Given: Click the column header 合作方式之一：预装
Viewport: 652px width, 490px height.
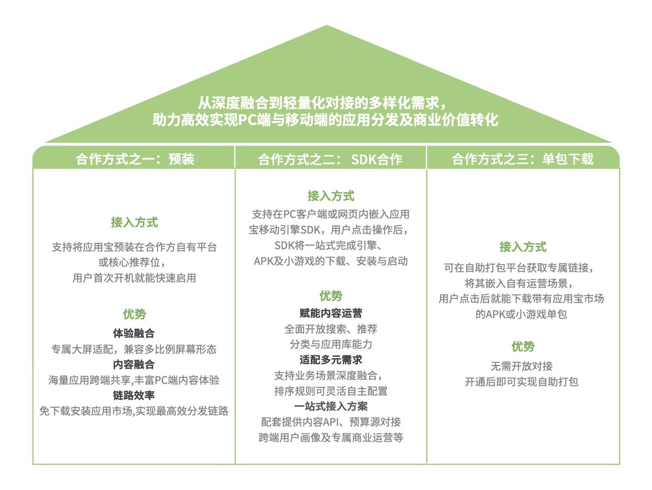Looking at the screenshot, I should pos(135,159).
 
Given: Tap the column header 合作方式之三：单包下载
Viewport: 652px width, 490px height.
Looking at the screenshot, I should pos(523,159).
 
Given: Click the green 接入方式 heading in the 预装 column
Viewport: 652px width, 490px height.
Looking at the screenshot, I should pos(134,222).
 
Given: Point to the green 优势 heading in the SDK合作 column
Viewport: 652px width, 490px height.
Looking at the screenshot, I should pos(330,296).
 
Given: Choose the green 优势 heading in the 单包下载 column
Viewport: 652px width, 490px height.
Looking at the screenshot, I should pos(523,347).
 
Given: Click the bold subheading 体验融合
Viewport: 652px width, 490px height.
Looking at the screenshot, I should pos(134,333).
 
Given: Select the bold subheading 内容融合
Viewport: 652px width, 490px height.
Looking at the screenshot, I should pos(134,365).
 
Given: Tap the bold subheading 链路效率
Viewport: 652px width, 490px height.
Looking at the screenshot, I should pos(134,395).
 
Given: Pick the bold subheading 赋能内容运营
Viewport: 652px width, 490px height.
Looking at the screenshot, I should pos(330,313).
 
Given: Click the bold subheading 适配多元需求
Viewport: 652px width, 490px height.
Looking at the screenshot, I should pos(330,360).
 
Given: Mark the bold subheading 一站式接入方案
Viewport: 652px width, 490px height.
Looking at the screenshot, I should pos(330,406).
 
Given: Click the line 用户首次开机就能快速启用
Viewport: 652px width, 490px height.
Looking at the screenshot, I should pos(134,278).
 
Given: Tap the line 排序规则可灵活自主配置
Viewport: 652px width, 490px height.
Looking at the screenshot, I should pos(330,391).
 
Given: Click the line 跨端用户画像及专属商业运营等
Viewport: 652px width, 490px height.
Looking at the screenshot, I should pos(330,437).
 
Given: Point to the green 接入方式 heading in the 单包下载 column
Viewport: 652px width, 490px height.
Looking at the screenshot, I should pos(523,247).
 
